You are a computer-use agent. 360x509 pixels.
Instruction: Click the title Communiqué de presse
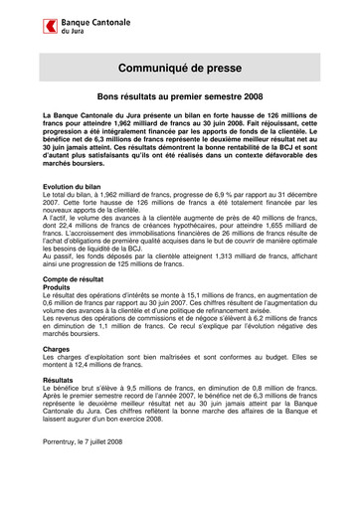point(179,69)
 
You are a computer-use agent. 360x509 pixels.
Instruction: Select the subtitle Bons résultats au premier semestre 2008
point(179,96)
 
